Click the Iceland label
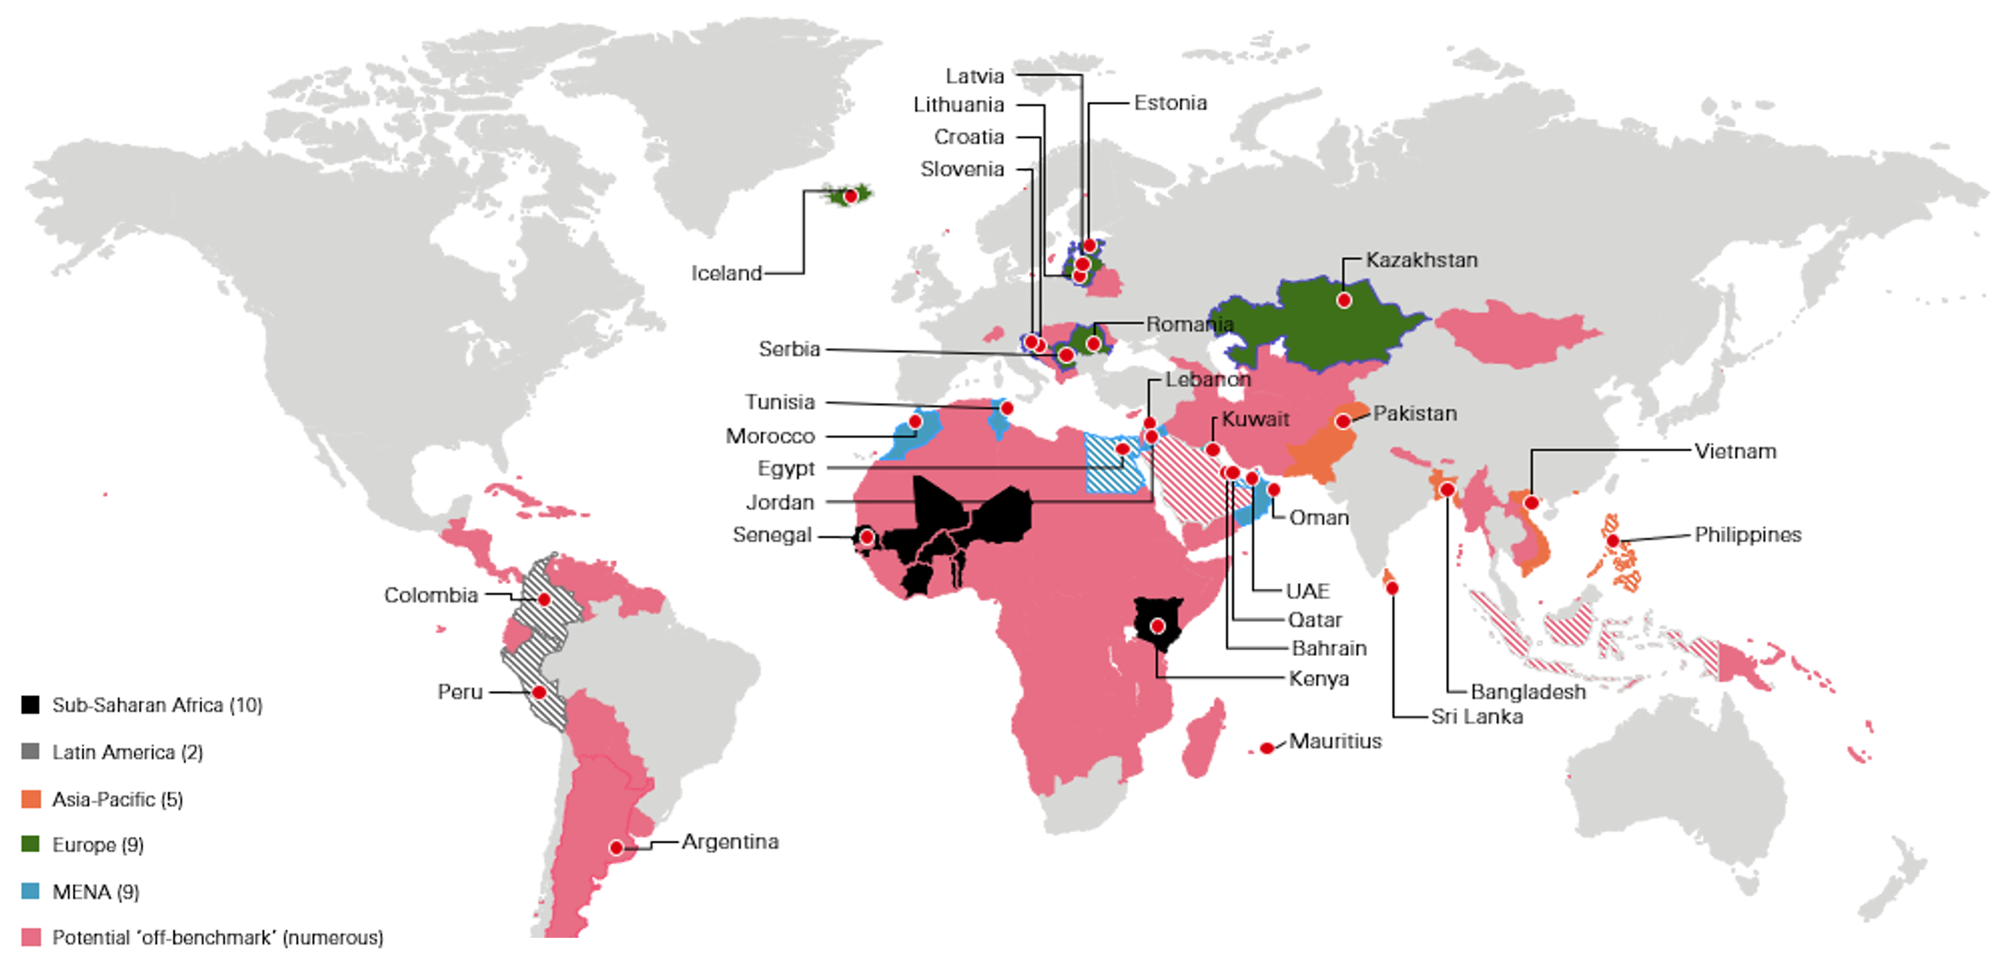(x=726, y=273)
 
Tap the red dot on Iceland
(x=850, y=196)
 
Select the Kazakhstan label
(x=1422, y=260)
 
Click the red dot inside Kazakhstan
(x=1343, y=300)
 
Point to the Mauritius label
(x=1335, y=741)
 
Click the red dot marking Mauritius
(x=1266, y=748)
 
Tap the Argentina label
(x=730, y=842)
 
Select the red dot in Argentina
(x=617, y=847)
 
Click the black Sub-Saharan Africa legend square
(x=31, y=705)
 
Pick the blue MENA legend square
(x=31, y=891)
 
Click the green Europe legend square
(x=31, y=844)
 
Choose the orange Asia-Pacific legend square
(x=31, y=799)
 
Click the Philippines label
(x=1747, y=535)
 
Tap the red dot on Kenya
(x=1157, y=626)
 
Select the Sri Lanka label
(x=1477, y=716)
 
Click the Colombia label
(x=431, y=595)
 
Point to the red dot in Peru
(x=538, y=693)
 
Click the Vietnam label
(x=1735, y=451)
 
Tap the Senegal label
(x=772, y=536)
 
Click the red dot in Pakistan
(x=1343, y=421)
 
